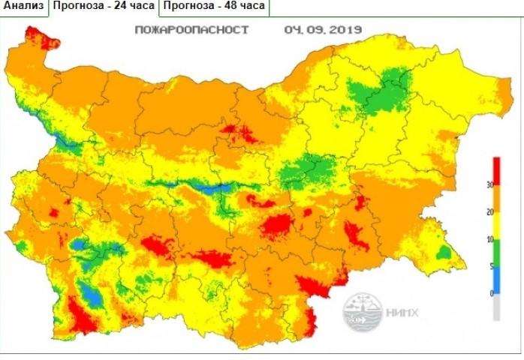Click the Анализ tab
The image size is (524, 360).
click(x=23, y=7)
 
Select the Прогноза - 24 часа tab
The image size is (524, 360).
click(x=104, y=7)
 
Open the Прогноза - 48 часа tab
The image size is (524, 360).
click(x=213, y=7)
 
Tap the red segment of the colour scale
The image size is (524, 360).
click(x=496, y=170)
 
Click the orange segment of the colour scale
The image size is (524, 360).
click(x=496, y=198)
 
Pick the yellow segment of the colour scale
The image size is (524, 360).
click(x=496, y=225)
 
